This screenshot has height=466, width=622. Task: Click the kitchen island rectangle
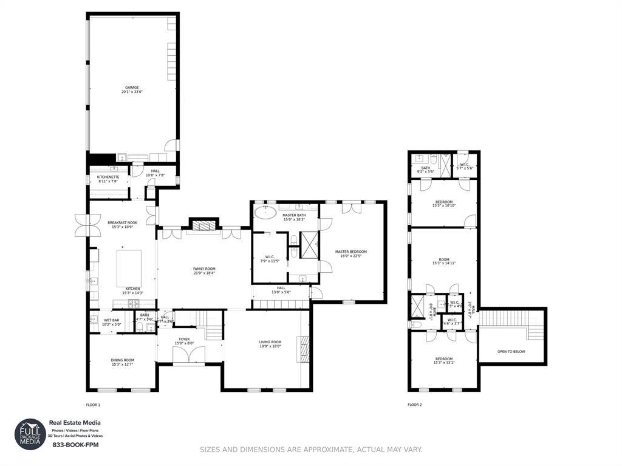point(129,267)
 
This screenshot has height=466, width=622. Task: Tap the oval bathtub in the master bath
point(265,213)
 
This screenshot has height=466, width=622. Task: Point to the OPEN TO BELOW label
point(511,351)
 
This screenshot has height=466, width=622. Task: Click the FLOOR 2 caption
point(414,405)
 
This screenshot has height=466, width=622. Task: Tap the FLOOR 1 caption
point(93,405)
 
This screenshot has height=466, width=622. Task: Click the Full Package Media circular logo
point(30,434)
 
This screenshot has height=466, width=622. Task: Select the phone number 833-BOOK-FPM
point(75,445)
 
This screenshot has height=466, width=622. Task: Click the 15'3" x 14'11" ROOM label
point(443,261)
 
